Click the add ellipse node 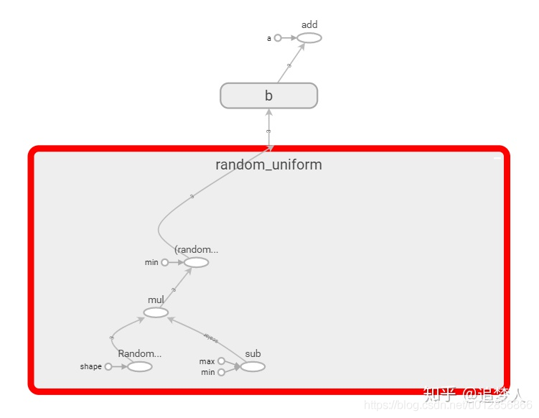click(x=309, y=38)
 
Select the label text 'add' click(x=309, y=25)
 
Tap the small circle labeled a click(x=278, y=38)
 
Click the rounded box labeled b click(x=268, y=96)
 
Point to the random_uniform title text click(x=268, y=164)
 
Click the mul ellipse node click(x=156, y=312)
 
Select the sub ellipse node click(x=253, y=366)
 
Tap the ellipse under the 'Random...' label click(x=139, y=366)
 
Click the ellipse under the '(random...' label click(x=196, y=262)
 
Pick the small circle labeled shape click(x=108, y=366)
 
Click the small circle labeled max click(x=221, y=361)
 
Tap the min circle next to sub click(x=221, y=372)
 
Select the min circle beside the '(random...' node click(x=165, y=262)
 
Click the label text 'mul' click(x=156, y=299)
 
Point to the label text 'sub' click(x=253, y=353)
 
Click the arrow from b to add click(x=289, y=65)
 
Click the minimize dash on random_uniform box click(x=497, y=157)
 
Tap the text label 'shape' click(x=91, y=366)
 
